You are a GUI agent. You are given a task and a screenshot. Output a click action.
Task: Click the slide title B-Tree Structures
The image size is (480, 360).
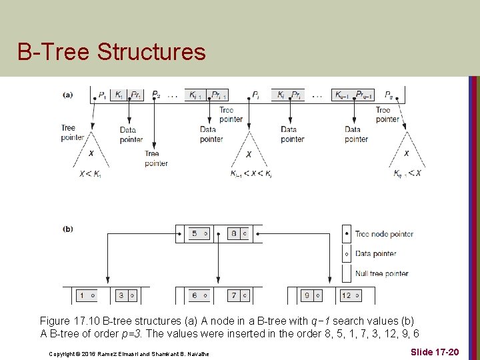click(x=111, y=51)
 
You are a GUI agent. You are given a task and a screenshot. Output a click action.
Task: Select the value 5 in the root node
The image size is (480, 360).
click(x=194, y=234)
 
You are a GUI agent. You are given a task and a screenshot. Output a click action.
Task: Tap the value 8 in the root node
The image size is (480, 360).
click(x=233, y=234)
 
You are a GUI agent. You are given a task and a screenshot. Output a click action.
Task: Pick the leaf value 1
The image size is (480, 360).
click(x=81, y=295)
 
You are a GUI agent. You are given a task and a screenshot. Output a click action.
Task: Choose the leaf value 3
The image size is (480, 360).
click(x=121, y=295)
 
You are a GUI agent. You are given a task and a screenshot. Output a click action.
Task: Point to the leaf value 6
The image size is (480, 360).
click(x=194, y=295)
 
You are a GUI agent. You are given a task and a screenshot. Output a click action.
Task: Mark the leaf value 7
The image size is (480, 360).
click(x=233, y=295)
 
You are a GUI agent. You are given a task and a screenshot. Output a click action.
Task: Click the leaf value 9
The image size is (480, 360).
click(x=307, y=295)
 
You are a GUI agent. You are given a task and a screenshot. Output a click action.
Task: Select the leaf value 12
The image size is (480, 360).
click(x=345, y=295)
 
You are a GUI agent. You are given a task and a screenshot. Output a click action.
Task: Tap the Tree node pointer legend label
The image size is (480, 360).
click(x=384, y=234)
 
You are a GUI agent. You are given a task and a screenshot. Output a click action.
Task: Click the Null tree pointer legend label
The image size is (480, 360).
click(x=381, y=273)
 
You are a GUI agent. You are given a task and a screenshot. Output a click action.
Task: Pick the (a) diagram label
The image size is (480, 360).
click(x=68, y=95)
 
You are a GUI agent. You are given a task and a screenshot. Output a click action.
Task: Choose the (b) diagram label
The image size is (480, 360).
click(x=68, y=229)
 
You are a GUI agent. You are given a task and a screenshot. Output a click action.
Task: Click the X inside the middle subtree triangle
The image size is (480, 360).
click(x=249, y=154)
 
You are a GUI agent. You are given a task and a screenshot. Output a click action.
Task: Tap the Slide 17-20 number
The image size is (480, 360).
click(x=435, y=351)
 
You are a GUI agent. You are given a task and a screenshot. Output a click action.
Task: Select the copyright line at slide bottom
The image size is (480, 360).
click(x=129, y=353)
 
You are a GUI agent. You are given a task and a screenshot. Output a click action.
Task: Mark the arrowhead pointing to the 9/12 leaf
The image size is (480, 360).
click(x=328, y=281)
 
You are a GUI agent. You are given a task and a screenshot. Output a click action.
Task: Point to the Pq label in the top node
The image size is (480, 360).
click(x=389, y=95)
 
